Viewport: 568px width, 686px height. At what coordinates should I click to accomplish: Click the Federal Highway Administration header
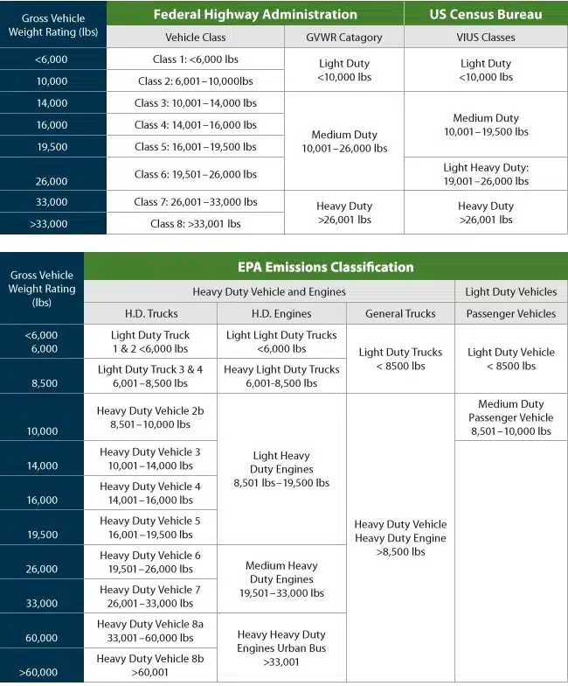255,14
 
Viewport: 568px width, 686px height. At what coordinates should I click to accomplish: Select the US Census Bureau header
486,14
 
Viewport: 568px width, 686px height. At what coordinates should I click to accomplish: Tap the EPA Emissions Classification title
326,267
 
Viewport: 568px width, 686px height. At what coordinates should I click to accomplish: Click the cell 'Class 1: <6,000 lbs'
195,59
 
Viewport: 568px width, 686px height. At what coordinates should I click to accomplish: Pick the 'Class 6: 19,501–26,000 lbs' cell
195,174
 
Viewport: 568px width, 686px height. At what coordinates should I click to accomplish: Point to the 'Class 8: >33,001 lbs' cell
195,224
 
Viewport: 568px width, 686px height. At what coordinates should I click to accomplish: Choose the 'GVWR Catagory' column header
343,38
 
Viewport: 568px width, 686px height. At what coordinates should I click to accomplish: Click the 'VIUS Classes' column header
486,38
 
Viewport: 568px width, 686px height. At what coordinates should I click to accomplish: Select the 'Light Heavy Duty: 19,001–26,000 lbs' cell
486,174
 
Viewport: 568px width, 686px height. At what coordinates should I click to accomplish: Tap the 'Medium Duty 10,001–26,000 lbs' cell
343,142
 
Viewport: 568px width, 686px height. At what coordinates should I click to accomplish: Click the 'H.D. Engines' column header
281,313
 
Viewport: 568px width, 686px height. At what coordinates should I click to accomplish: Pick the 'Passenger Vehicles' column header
511,313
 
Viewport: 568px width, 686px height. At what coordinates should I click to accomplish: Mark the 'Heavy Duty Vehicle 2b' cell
150,417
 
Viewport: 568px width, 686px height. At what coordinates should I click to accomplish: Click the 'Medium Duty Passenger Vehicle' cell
511,417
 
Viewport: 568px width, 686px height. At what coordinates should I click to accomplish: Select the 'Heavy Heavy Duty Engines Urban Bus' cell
281,648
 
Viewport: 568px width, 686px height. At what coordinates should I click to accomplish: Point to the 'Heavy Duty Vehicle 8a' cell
150,631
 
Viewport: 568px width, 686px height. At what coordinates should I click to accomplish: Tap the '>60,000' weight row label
42,673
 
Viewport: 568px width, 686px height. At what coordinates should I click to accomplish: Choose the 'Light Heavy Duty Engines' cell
281,469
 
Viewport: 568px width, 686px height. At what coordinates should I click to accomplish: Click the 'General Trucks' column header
401,313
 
